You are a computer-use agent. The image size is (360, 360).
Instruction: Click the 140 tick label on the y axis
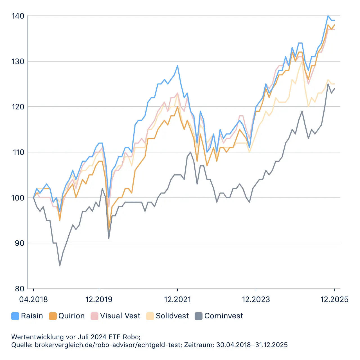point(18,16)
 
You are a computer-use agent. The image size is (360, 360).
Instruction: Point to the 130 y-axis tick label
point(18,61)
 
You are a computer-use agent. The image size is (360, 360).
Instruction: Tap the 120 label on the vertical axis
point(18,107)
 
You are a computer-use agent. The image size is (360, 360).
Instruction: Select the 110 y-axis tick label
point(18,152)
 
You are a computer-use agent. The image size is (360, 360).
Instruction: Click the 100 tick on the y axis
point(18,198)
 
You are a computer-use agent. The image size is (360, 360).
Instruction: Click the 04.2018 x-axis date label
point(33,299)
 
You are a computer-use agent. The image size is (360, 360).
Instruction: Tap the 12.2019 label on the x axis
point(99,299)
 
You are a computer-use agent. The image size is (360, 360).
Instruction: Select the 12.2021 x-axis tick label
point(177,299)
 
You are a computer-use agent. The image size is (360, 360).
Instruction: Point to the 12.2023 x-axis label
point(256,299)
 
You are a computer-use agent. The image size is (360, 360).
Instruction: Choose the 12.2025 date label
point(334,299)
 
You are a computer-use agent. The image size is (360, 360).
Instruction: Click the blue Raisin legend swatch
point(15,316)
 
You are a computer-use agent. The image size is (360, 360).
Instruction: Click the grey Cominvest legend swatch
point(199,316)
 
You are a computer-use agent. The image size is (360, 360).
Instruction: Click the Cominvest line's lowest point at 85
point(60,265)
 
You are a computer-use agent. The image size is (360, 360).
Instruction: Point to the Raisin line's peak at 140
point(328,16)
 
